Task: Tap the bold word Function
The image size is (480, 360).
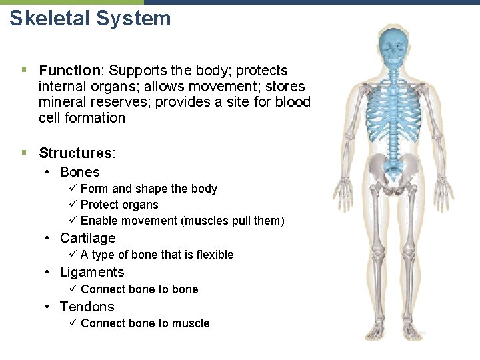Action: (x=69, y=71)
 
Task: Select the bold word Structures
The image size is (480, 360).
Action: (x=75, y=153)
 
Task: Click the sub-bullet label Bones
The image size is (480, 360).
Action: (x=79, y=172)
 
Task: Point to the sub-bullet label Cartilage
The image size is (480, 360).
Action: (x=87, y=238)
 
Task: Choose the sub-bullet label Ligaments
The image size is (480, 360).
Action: (x=92, y=272)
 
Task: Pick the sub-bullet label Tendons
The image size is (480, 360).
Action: (x=87, y=307)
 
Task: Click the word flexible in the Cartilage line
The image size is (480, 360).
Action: (x=212, y=255)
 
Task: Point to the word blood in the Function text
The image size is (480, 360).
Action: (x=293, y=102)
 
